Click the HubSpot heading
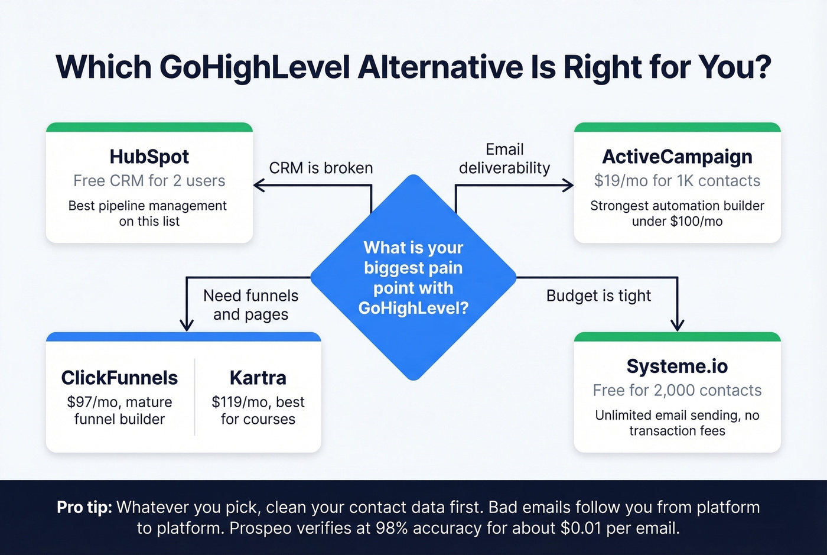pos(149,157)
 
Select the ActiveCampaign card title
pos(677,157)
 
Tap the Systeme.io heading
pos(677,366)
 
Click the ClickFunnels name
pos(119,378)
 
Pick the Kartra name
pos(258,378)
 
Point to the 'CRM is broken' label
pos(321,168)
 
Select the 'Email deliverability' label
pos(504,159)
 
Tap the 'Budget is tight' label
pos(598,296)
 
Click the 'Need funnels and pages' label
pos(251,305)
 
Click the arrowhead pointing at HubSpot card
pos(259,186)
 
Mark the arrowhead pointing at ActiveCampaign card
pos(568,186)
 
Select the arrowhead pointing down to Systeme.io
pos(678,325)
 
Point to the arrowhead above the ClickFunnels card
pos(187,325)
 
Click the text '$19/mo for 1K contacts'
pos(677,181)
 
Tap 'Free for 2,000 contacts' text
pos(677,391)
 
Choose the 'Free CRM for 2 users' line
pos(149,181)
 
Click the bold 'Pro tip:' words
pos(84,507)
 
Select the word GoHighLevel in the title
pos(255,67)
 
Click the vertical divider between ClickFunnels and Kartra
pos(194,397)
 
